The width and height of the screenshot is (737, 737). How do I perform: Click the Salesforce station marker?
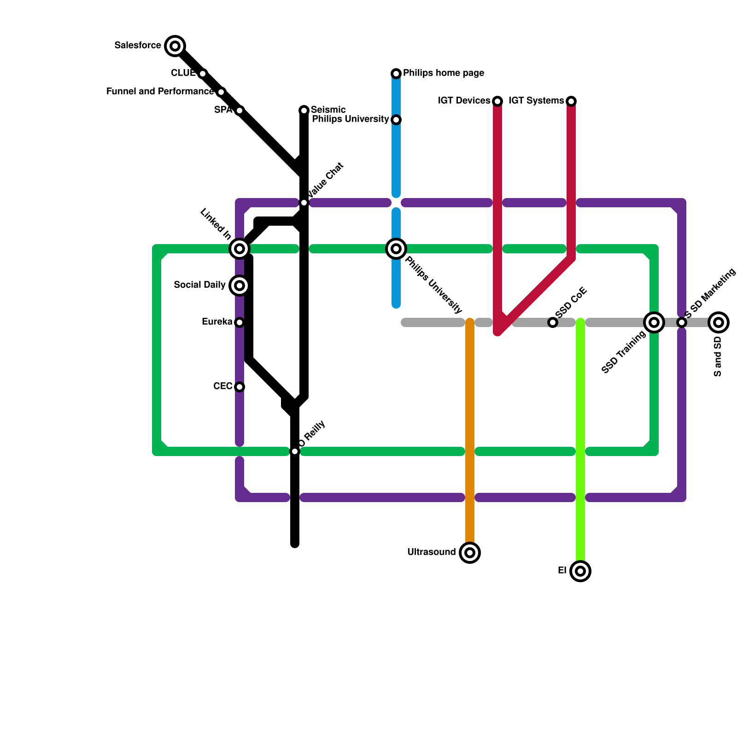point(175,46)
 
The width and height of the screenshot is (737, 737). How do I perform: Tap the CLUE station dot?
point(203,74)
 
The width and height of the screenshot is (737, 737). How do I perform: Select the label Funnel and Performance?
point(160,92)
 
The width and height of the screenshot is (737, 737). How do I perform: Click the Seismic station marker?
point(304,111)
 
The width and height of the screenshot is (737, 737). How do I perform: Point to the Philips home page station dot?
point(396,74)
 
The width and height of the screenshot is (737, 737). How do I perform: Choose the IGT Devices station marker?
point(497,101)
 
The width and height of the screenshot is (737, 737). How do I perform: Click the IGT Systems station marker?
point(571,101)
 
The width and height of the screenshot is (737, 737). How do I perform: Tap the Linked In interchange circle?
point(240,249)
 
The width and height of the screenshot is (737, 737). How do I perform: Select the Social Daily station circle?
point(240,286)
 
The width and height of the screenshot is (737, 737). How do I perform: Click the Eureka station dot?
point(240,322)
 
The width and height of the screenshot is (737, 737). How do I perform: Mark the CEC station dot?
point(240,387)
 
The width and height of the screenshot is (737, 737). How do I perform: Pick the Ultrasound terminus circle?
point(470,553)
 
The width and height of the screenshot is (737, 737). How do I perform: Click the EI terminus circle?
point(580,571)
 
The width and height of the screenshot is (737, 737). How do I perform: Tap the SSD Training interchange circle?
point(654,322)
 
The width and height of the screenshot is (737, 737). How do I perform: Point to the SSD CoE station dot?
point(553,322)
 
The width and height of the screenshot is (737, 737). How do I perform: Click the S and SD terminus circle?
point(719,322)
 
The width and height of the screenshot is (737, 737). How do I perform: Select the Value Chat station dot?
point(304,203)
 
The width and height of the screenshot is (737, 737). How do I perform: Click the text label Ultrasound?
point(431,552)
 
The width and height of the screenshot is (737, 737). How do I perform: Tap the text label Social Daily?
point(199,285)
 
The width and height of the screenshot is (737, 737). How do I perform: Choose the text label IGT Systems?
point(536,101)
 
